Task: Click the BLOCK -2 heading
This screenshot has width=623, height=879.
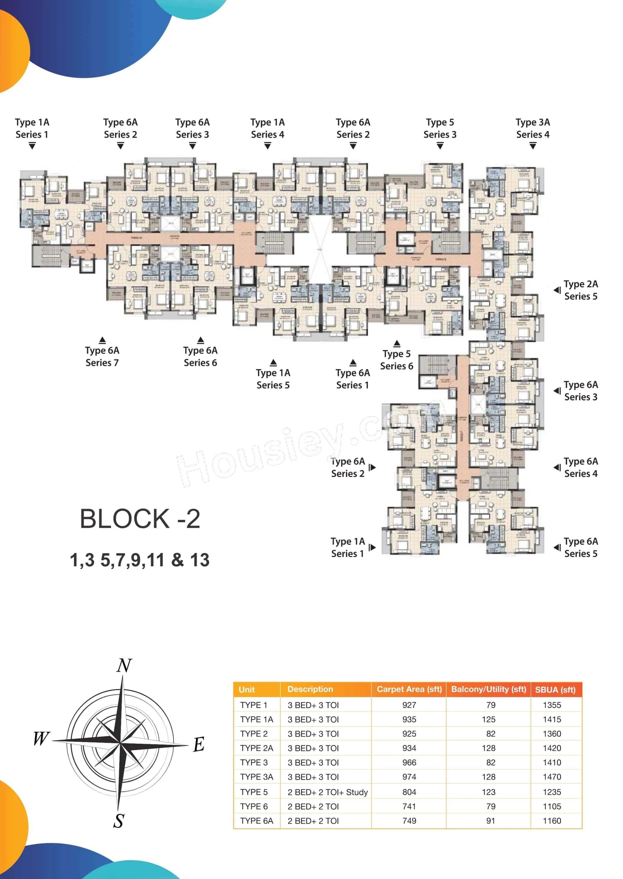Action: click(140, 519)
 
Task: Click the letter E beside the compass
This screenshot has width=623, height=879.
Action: click(198, 745)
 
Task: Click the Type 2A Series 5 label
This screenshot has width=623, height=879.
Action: click(581, 290)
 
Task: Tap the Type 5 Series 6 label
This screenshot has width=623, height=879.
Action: click(396, 360)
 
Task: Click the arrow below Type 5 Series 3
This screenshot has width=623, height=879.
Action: click(440, 146)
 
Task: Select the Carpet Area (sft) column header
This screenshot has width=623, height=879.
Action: click(409, 689)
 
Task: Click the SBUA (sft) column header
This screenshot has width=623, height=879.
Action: click(555, 689)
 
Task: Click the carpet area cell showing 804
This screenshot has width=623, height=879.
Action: click(409, 792)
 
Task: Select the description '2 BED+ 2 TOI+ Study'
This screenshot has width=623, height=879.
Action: click(328, 792)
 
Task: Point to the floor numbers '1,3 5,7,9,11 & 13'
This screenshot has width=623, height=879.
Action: click(140, 560)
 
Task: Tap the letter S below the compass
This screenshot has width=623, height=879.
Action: click(119, 821)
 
